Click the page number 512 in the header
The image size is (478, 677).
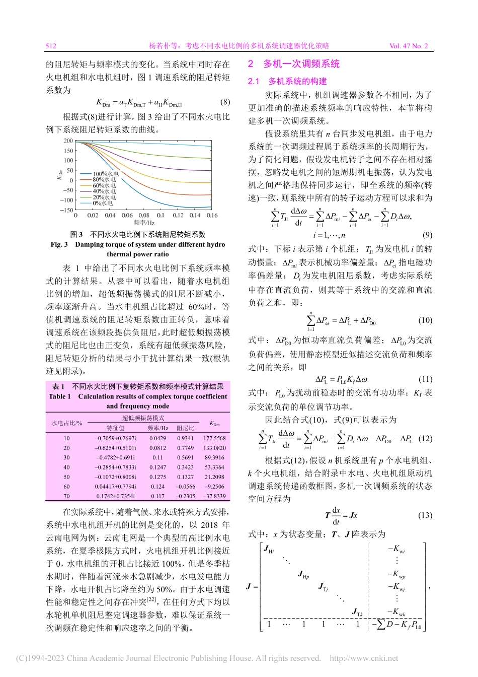[x=51, y=46]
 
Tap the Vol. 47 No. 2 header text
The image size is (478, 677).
[x=408, y=46]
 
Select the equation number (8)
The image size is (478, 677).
[x=225, y=102]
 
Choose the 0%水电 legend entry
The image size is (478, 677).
[x=103, y=204]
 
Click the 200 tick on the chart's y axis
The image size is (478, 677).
[x=68, y=141]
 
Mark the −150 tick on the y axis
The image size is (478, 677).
[x=66, y=210]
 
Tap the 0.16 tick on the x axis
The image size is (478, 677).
[x=212, y=216]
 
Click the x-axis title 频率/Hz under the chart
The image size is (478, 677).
[x=144, y=223]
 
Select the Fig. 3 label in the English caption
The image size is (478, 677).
[x=59, y=244]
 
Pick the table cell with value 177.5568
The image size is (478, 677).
[x=214, y=438]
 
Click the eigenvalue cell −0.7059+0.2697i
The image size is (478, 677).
[x=115, y=438]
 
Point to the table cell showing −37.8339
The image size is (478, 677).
[x=214, y=496]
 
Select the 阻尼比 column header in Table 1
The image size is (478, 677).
[x=185, y=428]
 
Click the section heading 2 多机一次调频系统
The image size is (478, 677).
[x=294, y=64]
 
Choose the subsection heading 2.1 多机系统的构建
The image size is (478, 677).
[x=287, y=81]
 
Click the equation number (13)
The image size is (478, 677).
[x=425, y=515]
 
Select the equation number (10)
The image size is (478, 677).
[x=425, y=320]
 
